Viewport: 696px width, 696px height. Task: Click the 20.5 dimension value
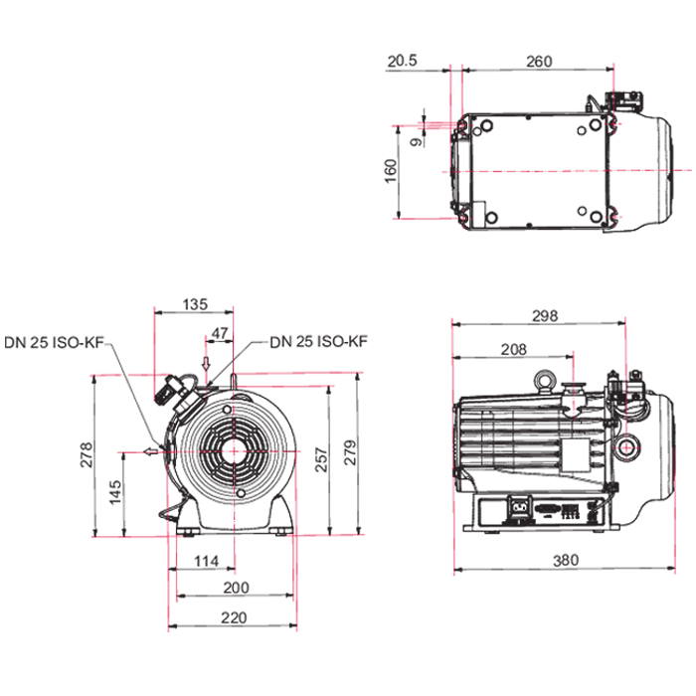coord(403,61)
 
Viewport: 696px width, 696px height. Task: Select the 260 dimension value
coord(538,61)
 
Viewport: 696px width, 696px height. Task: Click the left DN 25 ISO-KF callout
coord(53,342)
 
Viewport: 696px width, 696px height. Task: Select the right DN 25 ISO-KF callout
coord(318,342)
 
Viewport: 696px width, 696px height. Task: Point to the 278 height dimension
coord(87,455)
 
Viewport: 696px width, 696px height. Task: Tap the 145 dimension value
coord(115,492)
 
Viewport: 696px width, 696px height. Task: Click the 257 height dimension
coord(317,455)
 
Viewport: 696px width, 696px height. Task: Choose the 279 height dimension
coord(347,455)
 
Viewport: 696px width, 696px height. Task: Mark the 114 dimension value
coord(205,563)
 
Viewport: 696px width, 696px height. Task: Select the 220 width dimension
coord(233,617)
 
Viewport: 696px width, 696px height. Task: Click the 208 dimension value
coord(513,349)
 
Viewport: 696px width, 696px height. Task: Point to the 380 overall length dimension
coord(565,560)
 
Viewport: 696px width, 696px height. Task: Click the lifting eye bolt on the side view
coord(543,378)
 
